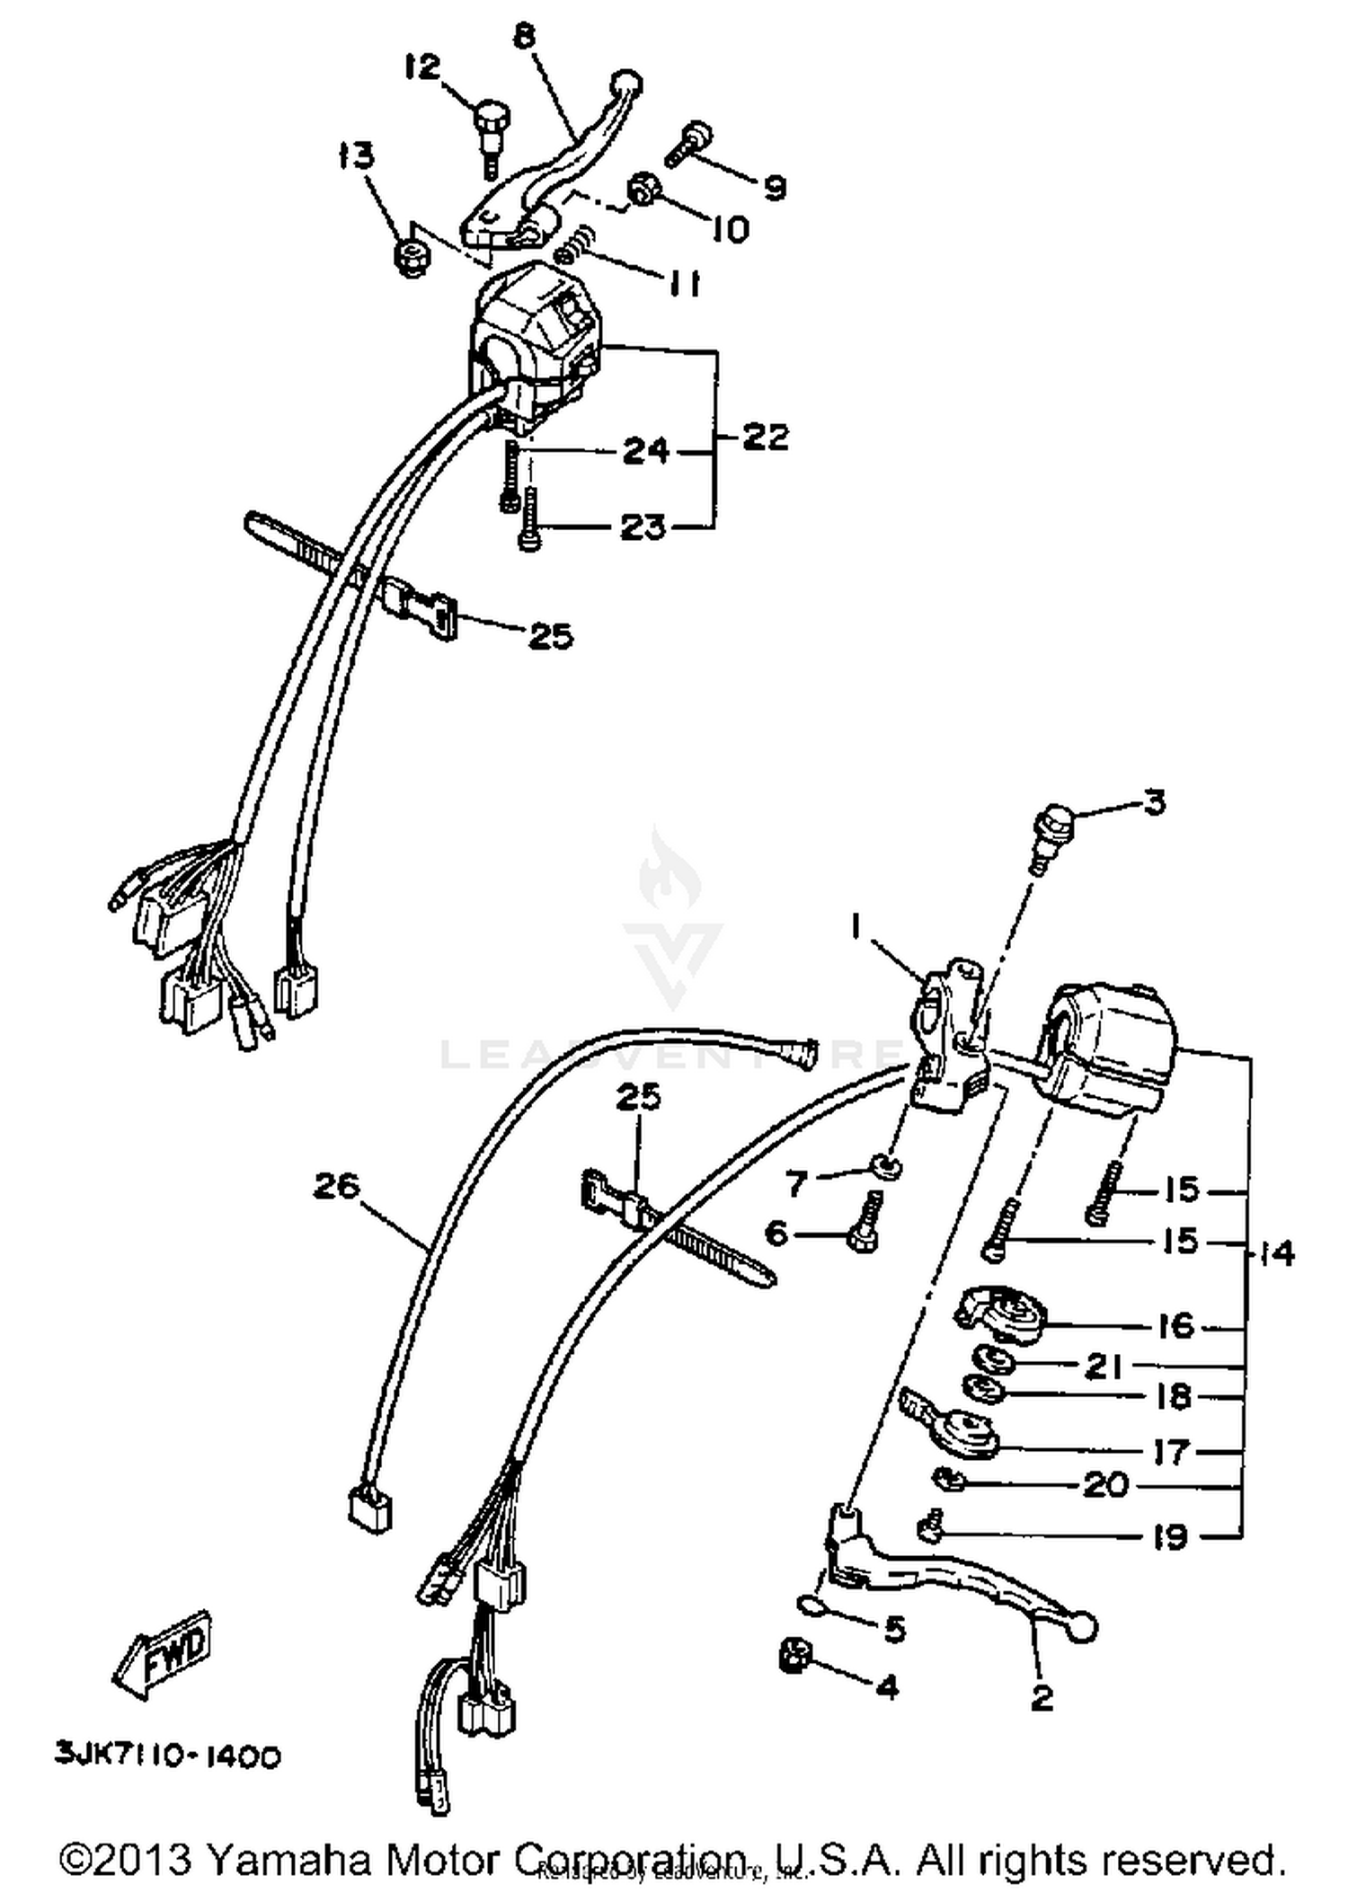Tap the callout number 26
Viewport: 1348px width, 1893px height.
click(336, 1187)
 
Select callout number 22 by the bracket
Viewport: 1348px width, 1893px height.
click(765, 438)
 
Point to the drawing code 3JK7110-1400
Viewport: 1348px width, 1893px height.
click(168, 1755)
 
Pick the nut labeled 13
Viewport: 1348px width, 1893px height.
click(411, 258)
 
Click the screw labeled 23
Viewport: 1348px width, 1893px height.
click(529, 521)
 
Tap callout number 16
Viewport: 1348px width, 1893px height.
click(1175, 1326)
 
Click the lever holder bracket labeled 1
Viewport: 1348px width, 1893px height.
click(948, 1033)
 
